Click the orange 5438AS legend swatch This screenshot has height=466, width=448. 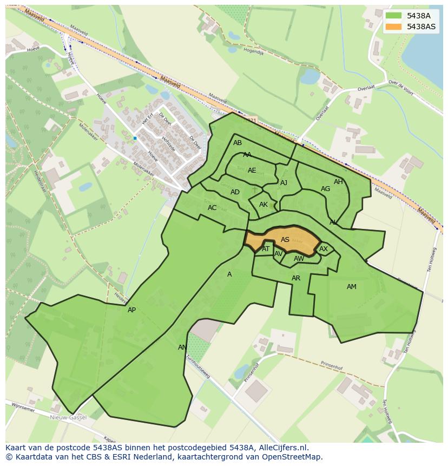(394, 27)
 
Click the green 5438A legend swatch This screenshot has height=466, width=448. (394, 16)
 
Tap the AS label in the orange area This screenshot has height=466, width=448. (285, 240)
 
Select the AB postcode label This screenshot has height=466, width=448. (238, 143)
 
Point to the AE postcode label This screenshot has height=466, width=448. (252, 170)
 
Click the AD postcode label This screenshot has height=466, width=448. (235, 192)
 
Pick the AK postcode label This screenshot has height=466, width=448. (263, 205)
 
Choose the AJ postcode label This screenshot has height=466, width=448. (284, 183)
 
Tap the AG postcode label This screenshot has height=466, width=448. (325, 189)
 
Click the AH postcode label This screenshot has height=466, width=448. (338, 182)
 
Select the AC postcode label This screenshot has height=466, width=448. (212, 208)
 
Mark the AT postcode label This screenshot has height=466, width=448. (266, 249)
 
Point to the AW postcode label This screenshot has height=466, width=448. (299, 259)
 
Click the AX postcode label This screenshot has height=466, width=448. (324, 249)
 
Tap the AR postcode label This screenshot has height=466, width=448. (296, 278)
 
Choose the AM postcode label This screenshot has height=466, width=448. (352, 287)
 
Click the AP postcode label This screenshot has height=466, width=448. (131, 310)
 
